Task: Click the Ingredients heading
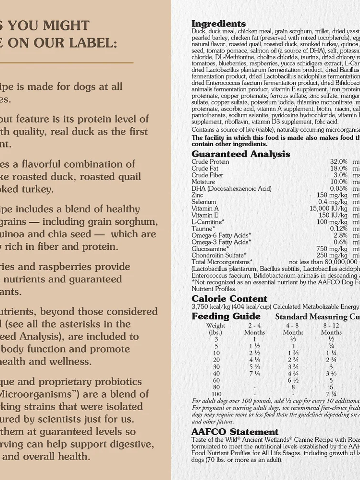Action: pos(219,24)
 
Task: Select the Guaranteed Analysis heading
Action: pos(241,154)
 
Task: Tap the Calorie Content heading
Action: pos(229,299)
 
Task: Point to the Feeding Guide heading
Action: pos(226,316)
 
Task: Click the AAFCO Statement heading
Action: pos(235,432)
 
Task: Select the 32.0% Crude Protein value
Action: pos(339,162)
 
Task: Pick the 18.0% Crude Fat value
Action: pos(339,168)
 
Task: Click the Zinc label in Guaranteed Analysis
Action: pos(197,195)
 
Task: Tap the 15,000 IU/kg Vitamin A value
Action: pos(328,208)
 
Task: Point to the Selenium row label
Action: pos(204,202)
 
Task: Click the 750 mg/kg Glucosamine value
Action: pos(332,249)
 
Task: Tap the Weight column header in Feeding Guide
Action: pos(216,325)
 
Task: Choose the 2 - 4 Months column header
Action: pos(254,325)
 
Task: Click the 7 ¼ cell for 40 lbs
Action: pos(254,374)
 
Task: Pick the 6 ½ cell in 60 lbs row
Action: pos(293,380)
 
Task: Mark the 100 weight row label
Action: pos(216,394)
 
